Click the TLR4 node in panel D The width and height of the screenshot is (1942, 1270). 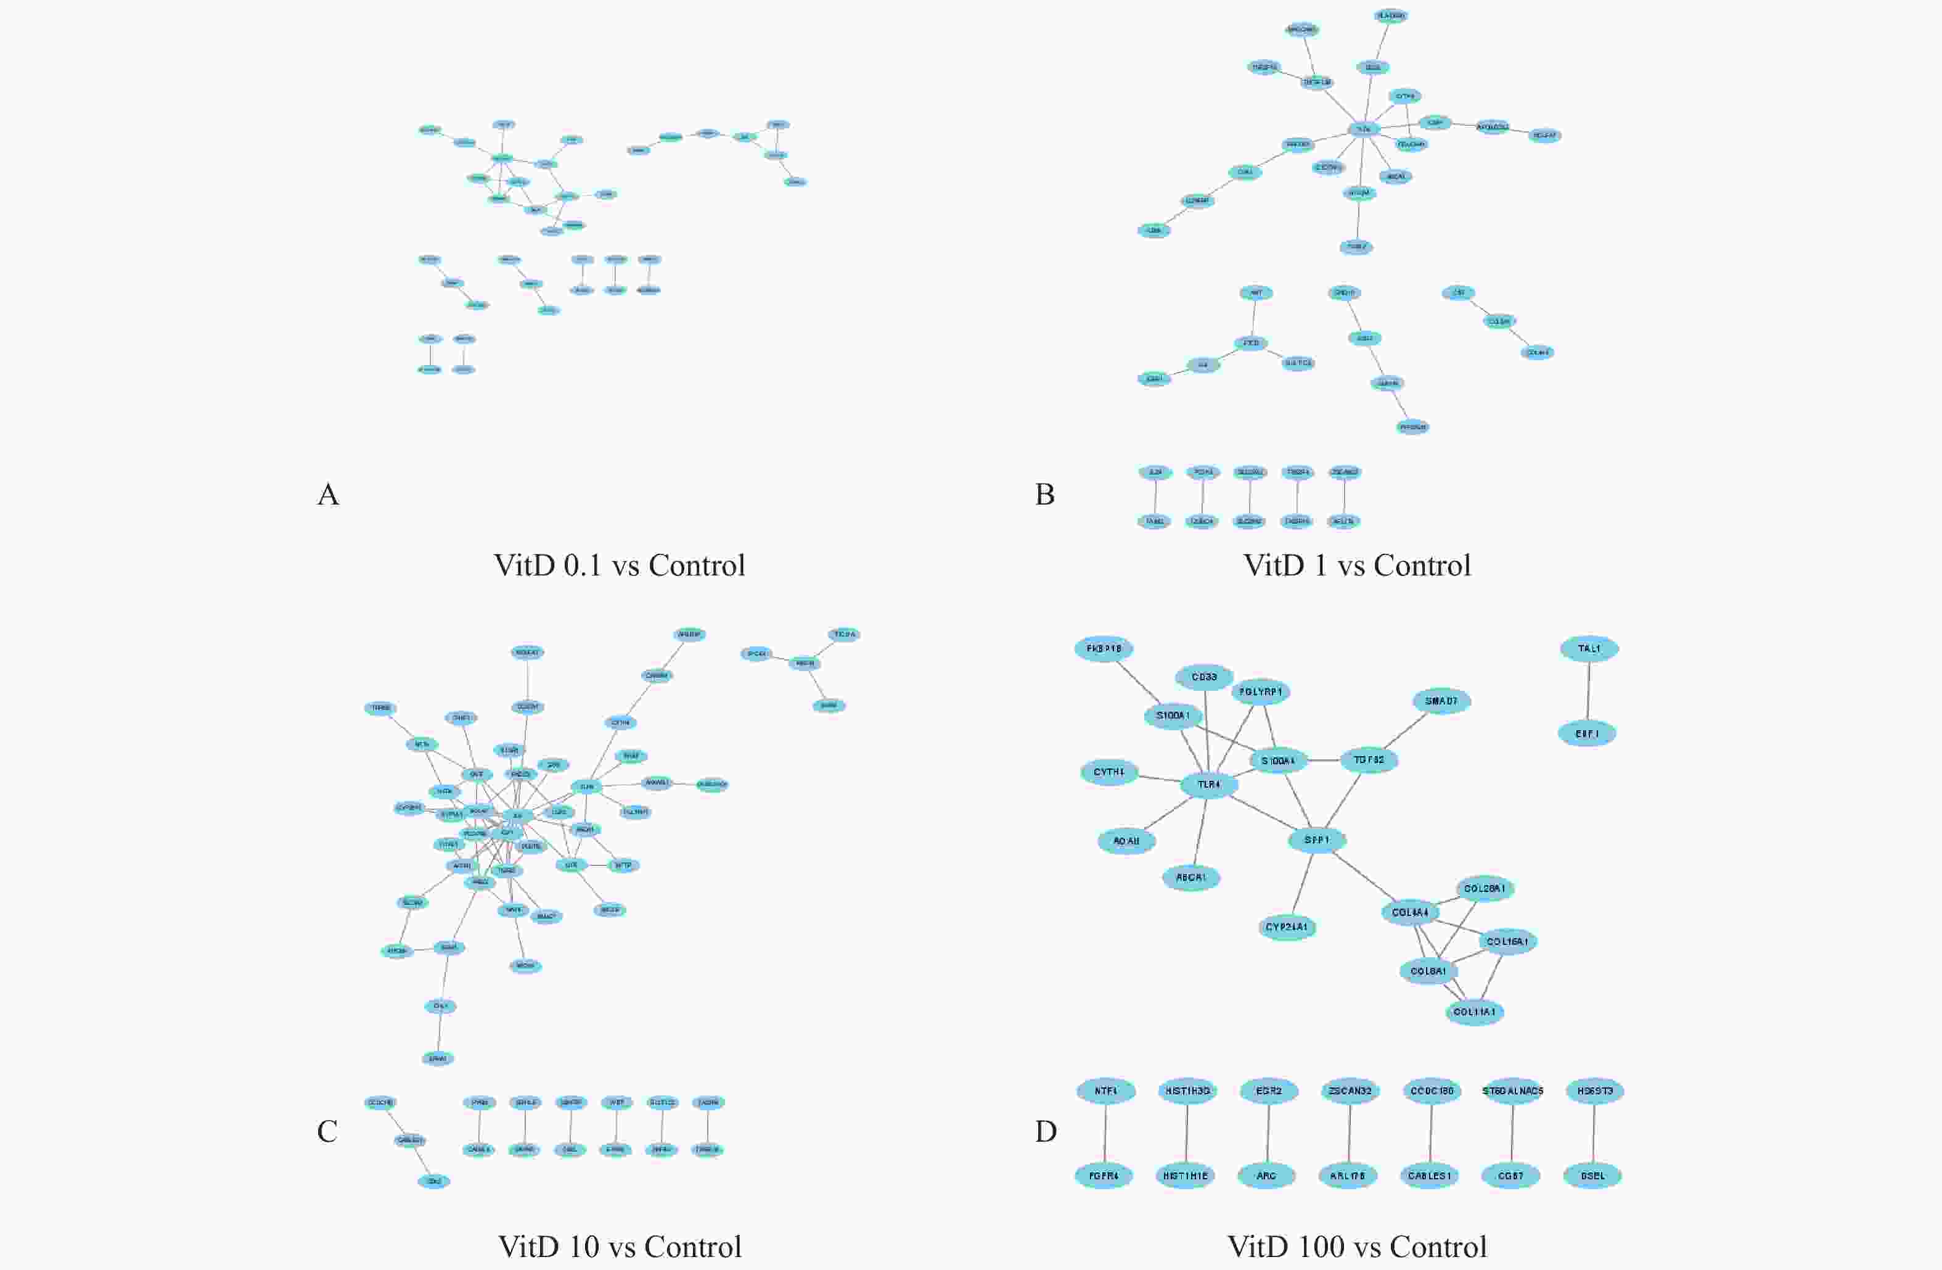[x=1208, y=785]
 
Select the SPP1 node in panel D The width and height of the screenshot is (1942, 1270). [x=1316, y=840]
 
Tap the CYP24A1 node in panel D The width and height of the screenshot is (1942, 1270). [x=1287, y=927]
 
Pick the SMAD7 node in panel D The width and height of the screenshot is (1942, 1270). [x=1441, y=701]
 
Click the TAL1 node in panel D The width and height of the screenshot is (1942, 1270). [x=1589, y=649]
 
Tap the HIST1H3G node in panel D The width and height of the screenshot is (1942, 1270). [x=1187, y=1091]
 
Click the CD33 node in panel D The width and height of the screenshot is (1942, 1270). [x=1203, y=677]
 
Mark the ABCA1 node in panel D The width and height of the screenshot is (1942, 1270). [x=1190, y=878]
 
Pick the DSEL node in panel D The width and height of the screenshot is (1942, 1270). [x=1592, y=1176]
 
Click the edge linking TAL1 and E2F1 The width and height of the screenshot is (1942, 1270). [x=1588, y=691]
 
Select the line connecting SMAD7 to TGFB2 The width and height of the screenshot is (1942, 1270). [x=1405, y=730]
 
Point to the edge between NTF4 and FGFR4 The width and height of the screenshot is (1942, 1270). [x=1105, y=1134]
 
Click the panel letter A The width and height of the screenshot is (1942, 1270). [x=328, y=495]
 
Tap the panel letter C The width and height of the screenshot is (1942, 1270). [x=327, y=1131]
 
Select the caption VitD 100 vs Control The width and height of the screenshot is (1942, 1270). [x=1357, y=1247]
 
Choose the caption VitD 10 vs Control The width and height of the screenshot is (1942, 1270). [x=620, y=1247]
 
